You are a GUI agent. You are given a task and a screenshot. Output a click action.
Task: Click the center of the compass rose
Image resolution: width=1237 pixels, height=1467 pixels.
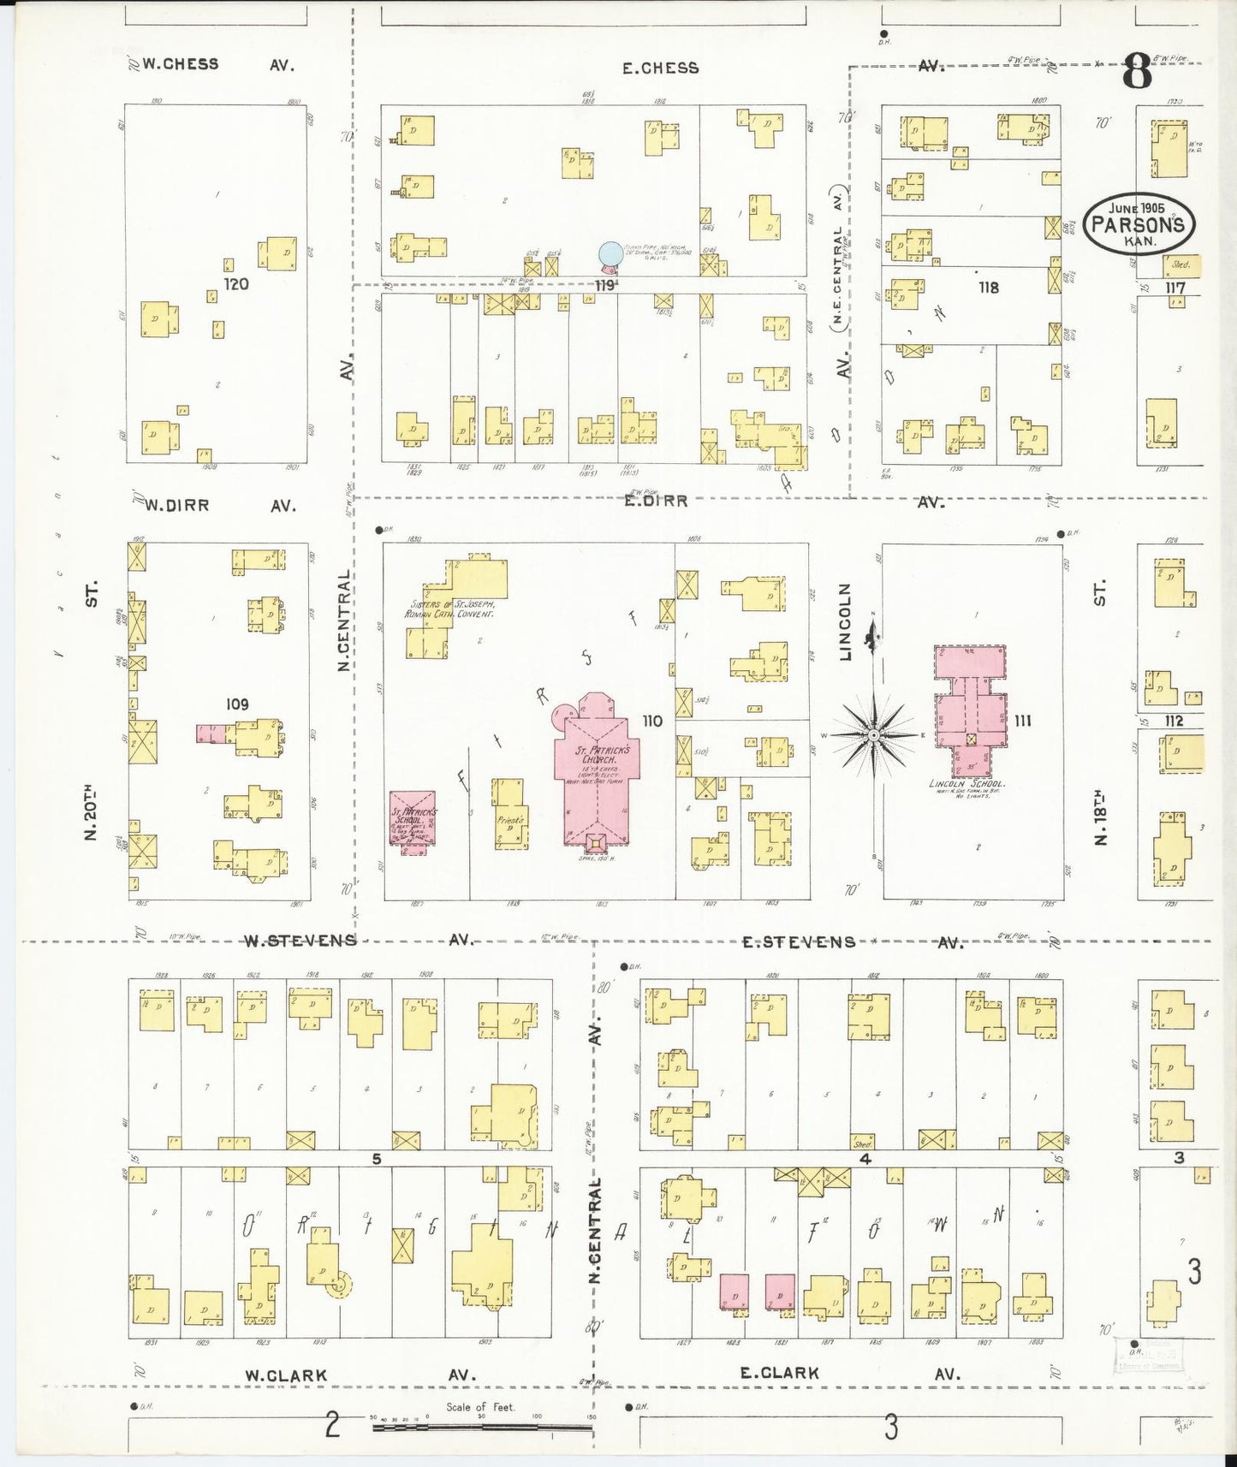[872, 735]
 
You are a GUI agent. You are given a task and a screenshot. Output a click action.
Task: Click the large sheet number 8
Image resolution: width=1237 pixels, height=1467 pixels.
[1137, 72]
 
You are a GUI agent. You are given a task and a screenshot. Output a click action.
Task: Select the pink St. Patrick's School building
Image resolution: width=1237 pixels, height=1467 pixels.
[414, 819]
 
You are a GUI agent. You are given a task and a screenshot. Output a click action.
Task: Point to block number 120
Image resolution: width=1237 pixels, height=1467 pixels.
[235, 283]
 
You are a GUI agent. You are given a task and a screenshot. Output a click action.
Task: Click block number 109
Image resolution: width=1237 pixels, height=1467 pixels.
[237, 704]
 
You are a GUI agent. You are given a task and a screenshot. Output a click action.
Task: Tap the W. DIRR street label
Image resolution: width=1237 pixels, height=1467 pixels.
[176, 505]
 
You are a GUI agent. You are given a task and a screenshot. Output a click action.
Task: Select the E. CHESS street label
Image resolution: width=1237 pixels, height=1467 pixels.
[660, 68]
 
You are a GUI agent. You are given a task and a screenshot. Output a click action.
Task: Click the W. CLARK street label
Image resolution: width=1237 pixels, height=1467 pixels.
[286, 1375]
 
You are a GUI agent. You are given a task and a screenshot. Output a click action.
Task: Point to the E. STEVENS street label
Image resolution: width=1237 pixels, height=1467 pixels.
[798, 942]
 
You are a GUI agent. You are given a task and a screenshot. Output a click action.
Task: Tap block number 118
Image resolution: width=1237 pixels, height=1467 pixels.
[989, 288]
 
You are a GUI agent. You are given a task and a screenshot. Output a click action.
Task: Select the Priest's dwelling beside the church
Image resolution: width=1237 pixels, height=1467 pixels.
[508, 814]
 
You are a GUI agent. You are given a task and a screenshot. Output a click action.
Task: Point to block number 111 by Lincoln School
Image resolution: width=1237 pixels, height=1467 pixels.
[1022, 721]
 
